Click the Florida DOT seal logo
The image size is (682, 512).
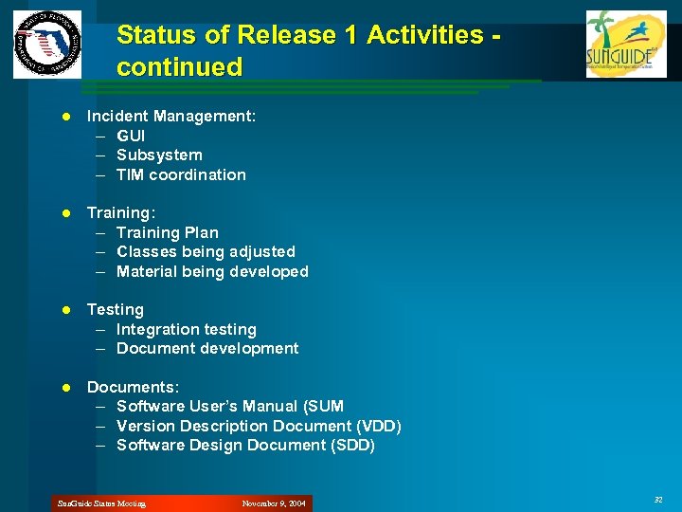coord(46,45)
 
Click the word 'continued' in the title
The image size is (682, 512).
coord(179,67)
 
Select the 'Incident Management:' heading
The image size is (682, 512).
coord(171,116)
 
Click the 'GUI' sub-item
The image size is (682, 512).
coord(131,136)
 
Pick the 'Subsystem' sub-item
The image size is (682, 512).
coord(159,155)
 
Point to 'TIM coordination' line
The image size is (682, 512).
coord(181,174)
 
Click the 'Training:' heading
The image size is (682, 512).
coord(121,212)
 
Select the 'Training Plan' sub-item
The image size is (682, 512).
coord(167,232)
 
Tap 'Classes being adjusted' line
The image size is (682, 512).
coord(206,251)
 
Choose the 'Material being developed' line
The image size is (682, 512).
coord(212,271)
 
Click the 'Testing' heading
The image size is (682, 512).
coord(116,309)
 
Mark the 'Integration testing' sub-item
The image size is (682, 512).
coord(186,329)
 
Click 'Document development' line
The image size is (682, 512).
coord(206,348)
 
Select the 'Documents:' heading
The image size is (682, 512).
coord(133,387)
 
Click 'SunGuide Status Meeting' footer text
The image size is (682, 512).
coord(101,503)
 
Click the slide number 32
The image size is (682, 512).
coord(658,499)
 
